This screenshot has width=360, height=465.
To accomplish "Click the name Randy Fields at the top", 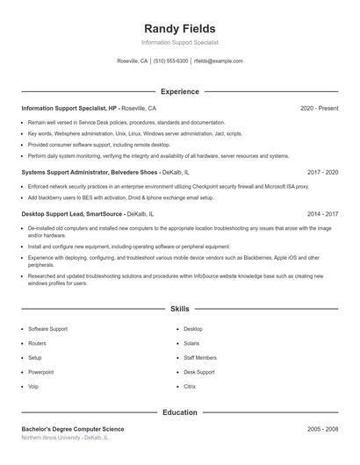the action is click(x=180, y=29).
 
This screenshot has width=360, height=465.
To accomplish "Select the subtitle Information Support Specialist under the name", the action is click(x=180, y=42).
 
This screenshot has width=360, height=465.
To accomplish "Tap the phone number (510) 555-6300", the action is click(x=171, y=61).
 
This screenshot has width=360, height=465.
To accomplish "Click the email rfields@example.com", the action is click(x=219, y=61).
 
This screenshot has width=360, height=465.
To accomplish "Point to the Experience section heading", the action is click(x=180, y=91).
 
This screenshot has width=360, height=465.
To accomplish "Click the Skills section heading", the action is click(x=180, y=309).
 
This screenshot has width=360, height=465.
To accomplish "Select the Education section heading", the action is click(x=180, y=411).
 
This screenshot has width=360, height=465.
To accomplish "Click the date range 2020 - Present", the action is click(x=319, y=108).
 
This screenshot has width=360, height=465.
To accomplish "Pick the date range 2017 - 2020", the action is click(x=322, y=173).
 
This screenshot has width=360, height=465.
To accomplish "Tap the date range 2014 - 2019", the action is click(x=322, y=213).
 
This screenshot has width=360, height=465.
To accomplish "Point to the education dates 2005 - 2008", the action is click(x=322, y=429).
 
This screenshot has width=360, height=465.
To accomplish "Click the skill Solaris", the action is click(x=192, y=343).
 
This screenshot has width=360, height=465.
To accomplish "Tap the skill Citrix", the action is click(x=191, y=386).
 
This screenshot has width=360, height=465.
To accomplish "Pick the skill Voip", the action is click(x=33, y=386).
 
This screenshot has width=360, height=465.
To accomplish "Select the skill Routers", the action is click(x=37, y=343).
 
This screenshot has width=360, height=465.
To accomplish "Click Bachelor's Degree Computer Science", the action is click(x=73, y=429).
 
